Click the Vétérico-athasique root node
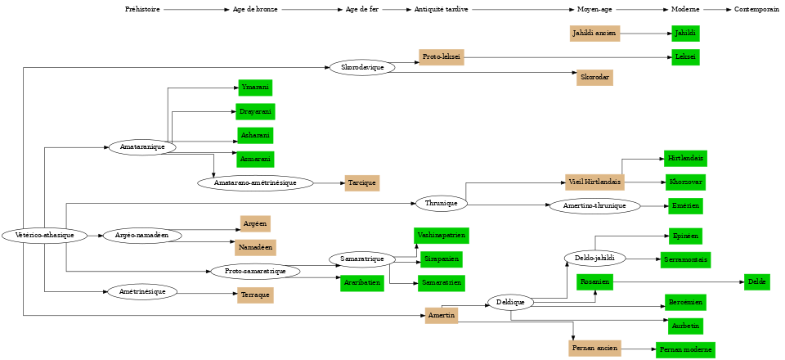coord(44,236)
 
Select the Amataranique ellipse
coord(142,147)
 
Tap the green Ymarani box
coord(254,88)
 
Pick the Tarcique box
coord(361,183)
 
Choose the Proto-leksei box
coord(442,57)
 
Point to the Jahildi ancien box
coord(594,34)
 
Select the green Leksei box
coord(685,57)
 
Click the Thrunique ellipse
coord(442,203)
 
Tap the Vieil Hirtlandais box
coord(594,182)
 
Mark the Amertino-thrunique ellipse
coord(594,206)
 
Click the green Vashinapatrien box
coord(441,236)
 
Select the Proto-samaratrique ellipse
coord(254,272)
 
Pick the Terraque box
coord(255,295)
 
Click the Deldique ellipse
coord(510,303)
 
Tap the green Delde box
coord(756,283)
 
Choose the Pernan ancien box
coord(594,349)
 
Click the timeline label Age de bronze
coord(255,10)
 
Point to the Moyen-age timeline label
coord(594,10)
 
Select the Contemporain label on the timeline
coord(756,10)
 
